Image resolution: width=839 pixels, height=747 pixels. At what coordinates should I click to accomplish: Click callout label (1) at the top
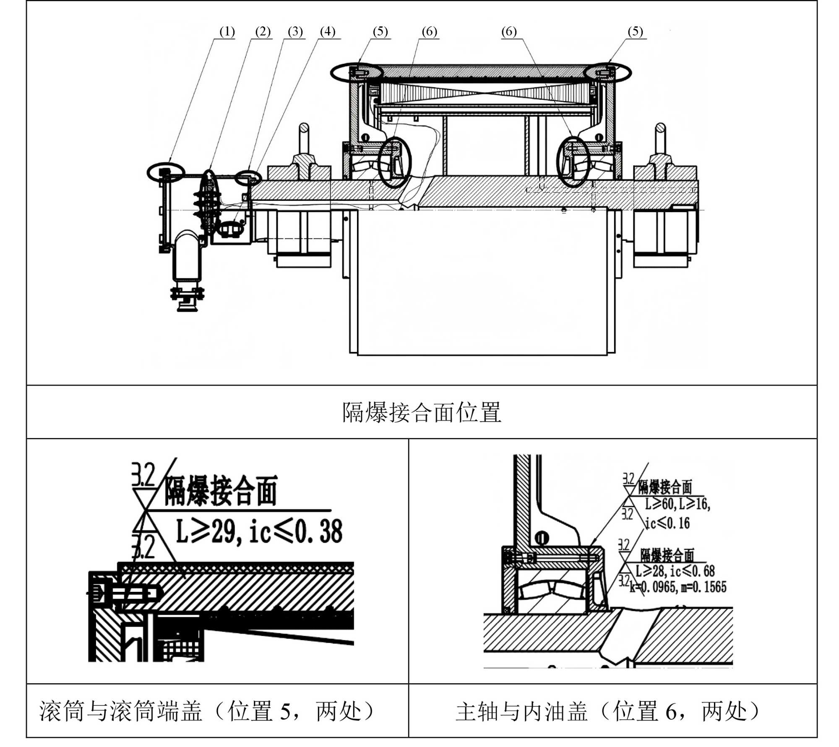point(227,32)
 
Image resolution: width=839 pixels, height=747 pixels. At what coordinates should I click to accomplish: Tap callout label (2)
point(263,32)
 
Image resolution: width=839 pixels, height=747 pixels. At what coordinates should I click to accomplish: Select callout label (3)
point(295,32)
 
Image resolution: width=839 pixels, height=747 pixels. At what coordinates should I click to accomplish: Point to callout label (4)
point(328,32)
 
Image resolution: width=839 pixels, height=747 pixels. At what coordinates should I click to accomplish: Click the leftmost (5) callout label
point(380,32)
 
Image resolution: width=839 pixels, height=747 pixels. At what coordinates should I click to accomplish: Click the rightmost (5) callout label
point(635,32)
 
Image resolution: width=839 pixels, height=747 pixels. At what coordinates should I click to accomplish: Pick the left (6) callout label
point(429,32)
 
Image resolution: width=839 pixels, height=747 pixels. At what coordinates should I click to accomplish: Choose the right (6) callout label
point(509,32)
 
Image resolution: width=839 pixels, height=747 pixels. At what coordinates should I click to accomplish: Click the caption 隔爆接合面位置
point(422,412)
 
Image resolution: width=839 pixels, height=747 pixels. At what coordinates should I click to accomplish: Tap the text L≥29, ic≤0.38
point(259,531)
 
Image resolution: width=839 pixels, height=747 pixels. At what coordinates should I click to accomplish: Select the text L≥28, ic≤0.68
point(675,571)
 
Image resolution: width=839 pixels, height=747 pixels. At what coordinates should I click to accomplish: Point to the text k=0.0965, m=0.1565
point(678,587)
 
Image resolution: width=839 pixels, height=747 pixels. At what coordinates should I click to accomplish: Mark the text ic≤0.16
point(667,523)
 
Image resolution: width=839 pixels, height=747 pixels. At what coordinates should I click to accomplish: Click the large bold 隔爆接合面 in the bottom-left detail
point(220,491)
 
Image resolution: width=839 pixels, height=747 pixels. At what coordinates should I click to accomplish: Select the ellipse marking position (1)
point(166,172)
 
